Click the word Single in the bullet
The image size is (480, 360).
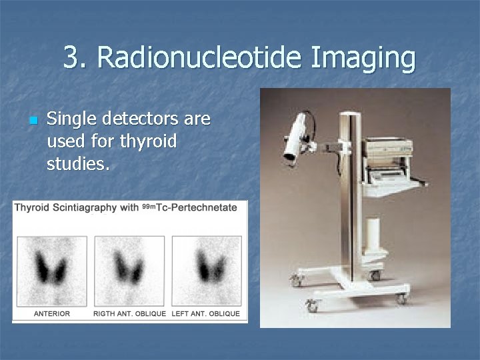pyautogui.click(x=68, y=120)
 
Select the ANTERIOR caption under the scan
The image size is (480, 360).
pyautogui.click(x=52, y=313)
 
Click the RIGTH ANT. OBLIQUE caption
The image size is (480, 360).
pyautogui.click(x=129, y=313)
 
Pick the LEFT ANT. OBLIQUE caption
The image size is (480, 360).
pyautogui.click(x=206, y=313)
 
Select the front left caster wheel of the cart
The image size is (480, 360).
pyautogui.click(x=311, y=306)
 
